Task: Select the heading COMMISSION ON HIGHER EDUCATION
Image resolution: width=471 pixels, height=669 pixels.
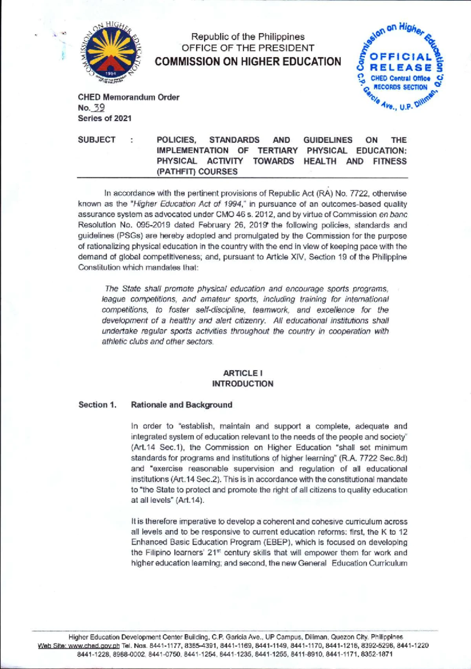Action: pyautogui.click(x=248, y=62)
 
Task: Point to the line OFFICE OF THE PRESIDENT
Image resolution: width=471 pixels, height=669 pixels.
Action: pyautogui.click(x=248, y=48)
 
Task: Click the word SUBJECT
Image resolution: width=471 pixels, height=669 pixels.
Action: pyautogui.click(x=97, y=140)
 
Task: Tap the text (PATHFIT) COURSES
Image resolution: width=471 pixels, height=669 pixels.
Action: pyautogui.click(x=197, y=172)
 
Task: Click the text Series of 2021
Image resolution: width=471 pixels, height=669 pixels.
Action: pyautogui.click(x=104, y=118)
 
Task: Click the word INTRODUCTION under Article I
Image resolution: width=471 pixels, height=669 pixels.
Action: pyautogui.click(x=243, y=384)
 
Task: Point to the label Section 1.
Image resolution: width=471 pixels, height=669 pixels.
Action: pyautogui.click(x=97, y=405)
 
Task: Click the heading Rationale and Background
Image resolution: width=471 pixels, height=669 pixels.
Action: pyautogui.click(x=181, y=405)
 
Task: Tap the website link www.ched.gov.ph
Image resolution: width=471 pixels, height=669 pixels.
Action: pyautogui.click(x=93, y=646)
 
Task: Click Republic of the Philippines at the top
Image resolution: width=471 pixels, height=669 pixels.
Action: pyautogui.click(x=248, y=37)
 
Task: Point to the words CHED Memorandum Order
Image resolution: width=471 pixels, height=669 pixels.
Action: pyautogui.click(x=128, y=97)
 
